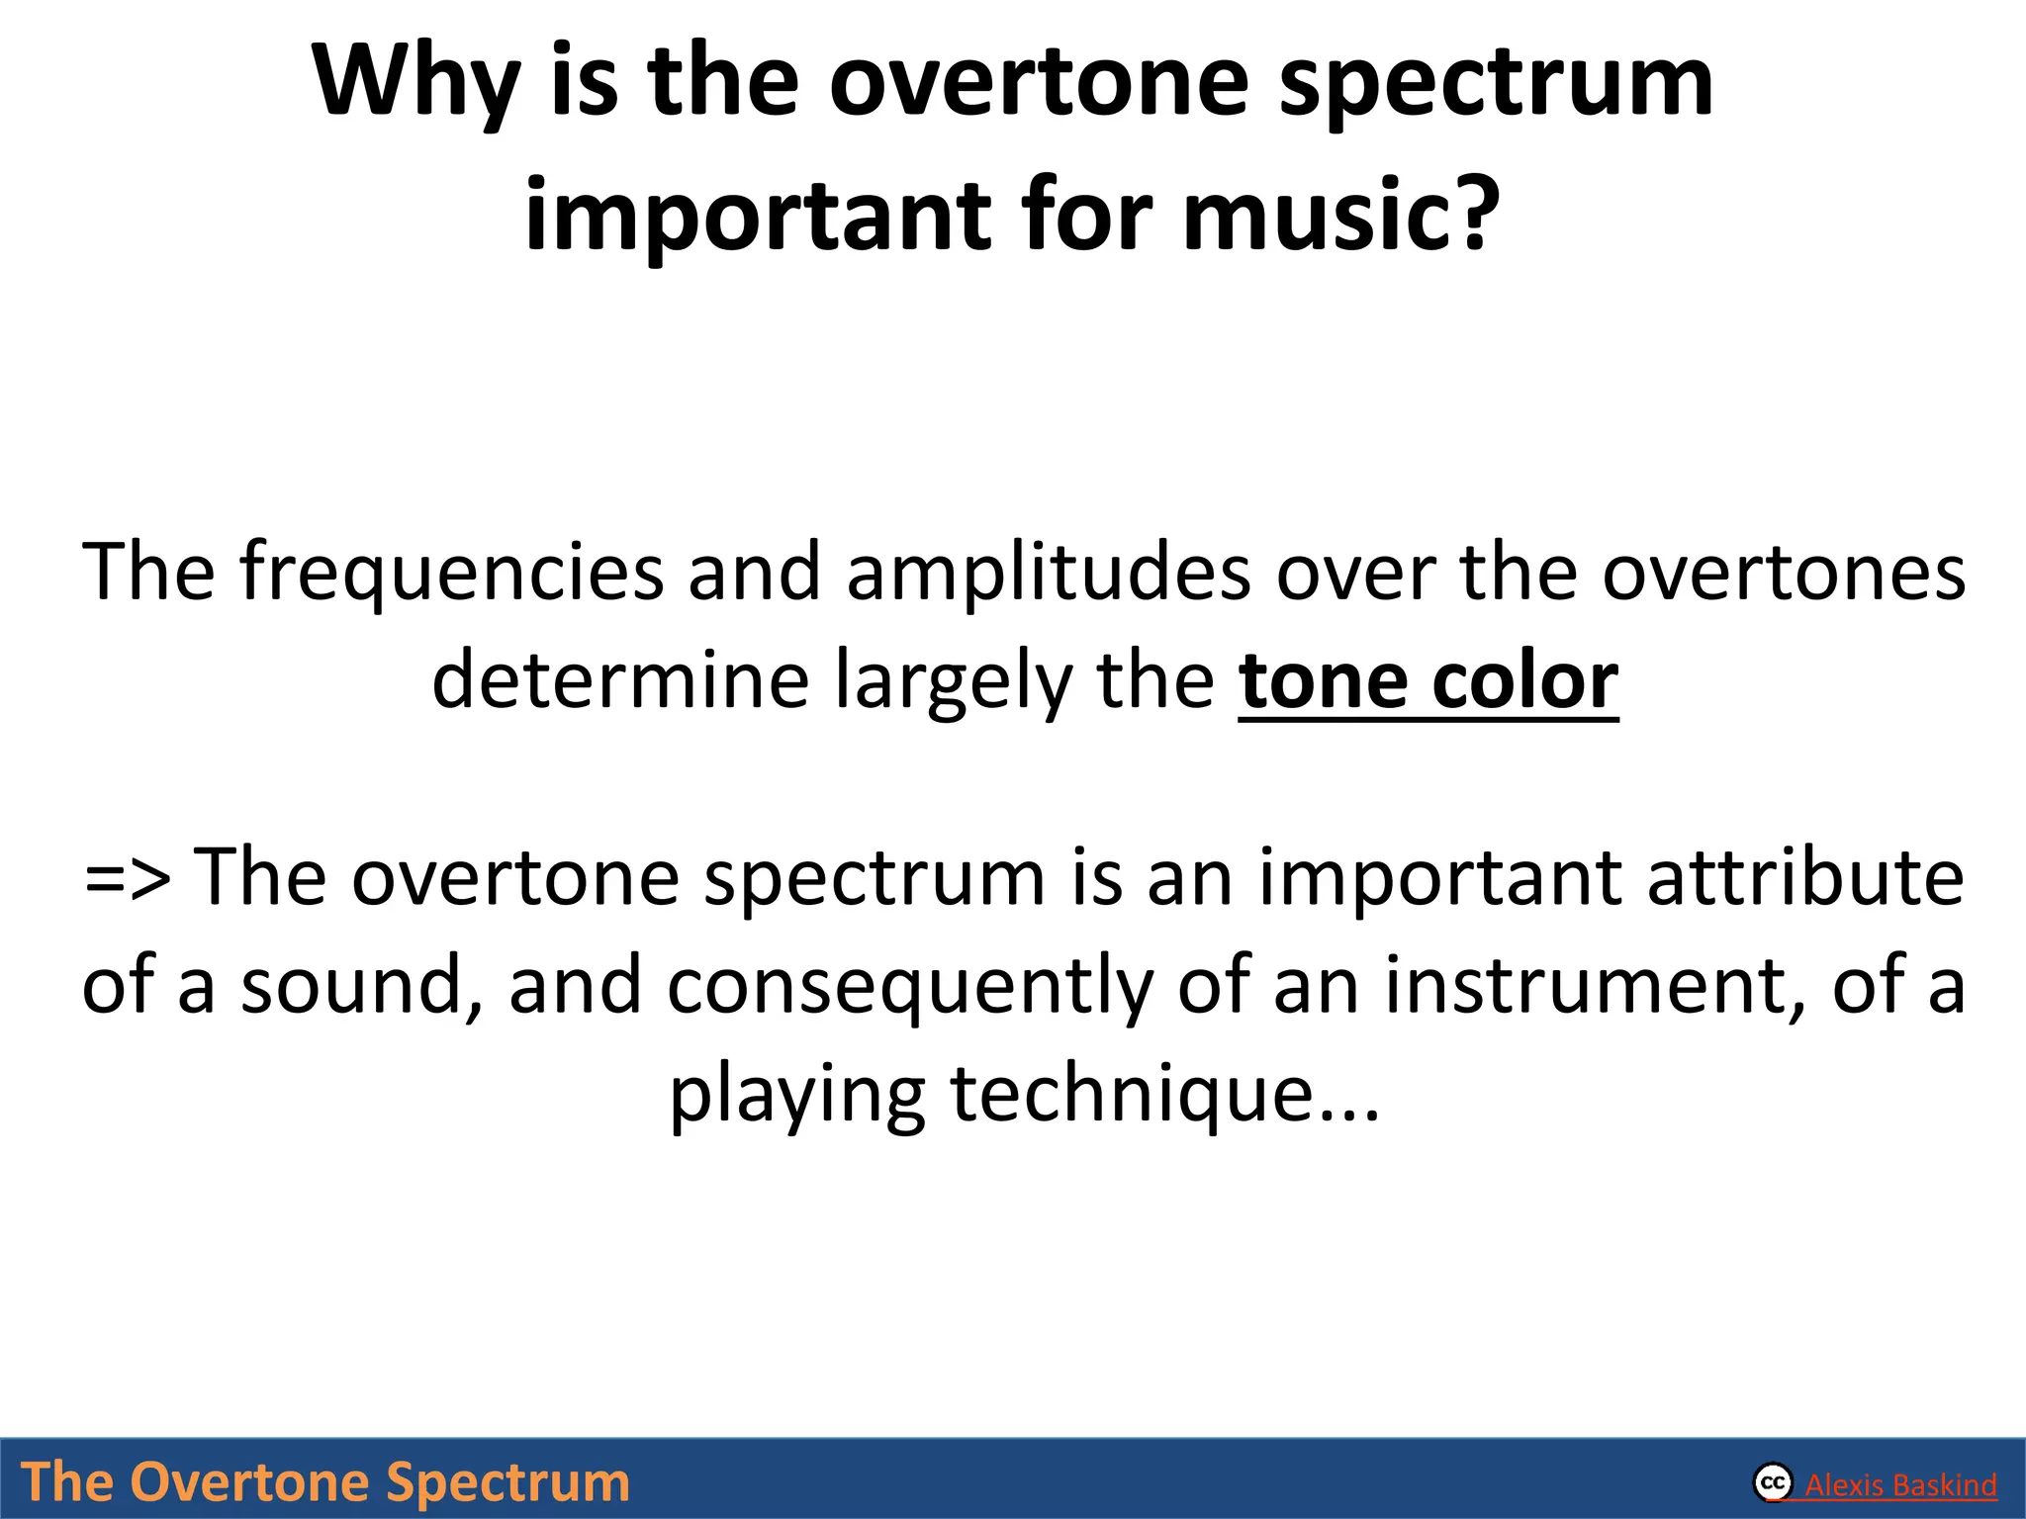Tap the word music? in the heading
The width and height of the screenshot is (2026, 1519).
[x=1341, y=216]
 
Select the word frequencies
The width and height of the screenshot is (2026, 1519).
[x=451, y=574]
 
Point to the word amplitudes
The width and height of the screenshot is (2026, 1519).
[x=1049, y=574]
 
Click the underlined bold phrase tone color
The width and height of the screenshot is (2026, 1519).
[x=1427, y=681]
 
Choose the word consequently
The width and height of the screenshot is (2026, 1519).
[x=909, y=986]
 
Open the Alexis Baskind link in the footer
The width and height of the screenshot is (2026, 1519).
[x=1900, y=1485]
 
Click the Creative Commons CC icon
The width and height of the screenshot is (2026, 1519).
[x=1773, y=1483]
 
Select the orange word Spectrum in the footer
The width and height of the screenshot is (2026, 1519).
[x=506, y=1482]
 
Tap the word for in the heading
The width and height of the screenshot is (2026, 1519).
[x=1087, y=216]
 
